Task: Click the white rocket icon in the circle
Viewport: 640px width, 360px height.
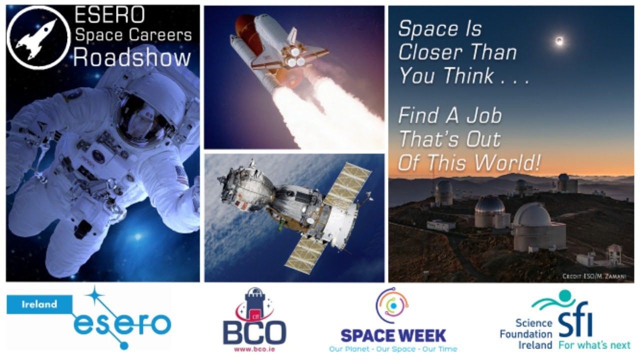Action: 38,37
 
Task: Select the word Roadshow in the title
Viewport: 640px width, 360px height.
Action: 132,58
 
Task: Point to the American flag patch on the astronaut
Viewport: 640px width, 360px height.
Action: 180,174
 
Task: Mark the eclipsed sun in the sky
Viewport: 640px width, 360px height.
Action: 559,41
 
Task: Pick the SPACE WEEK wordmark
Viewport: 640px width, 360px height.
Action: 393,335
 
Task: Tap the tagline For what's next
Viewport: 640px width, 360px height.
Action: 594,345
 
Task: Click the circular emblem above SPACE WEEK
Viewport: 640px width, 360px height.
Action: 392,305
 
